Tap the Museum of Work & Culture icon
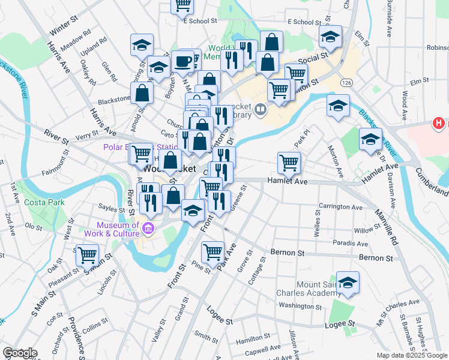pyautogui.click(x=149, y=228)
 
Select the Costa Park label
pyautogui.click(x=44, y=202)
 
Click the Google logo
pyautogui.click(x=20, y=353)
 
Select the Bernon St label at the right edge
pyautogui.click(x=375, y=258)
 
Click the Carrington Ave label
pyautogui.click(x=341, y=207)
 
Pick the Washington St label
pyautogui.click(x=301, y=305)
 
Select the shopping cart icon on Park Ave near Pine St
pyautogui.click(x=212, y=252)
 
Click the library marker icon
pyautogui.click(x=261, y=109)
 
